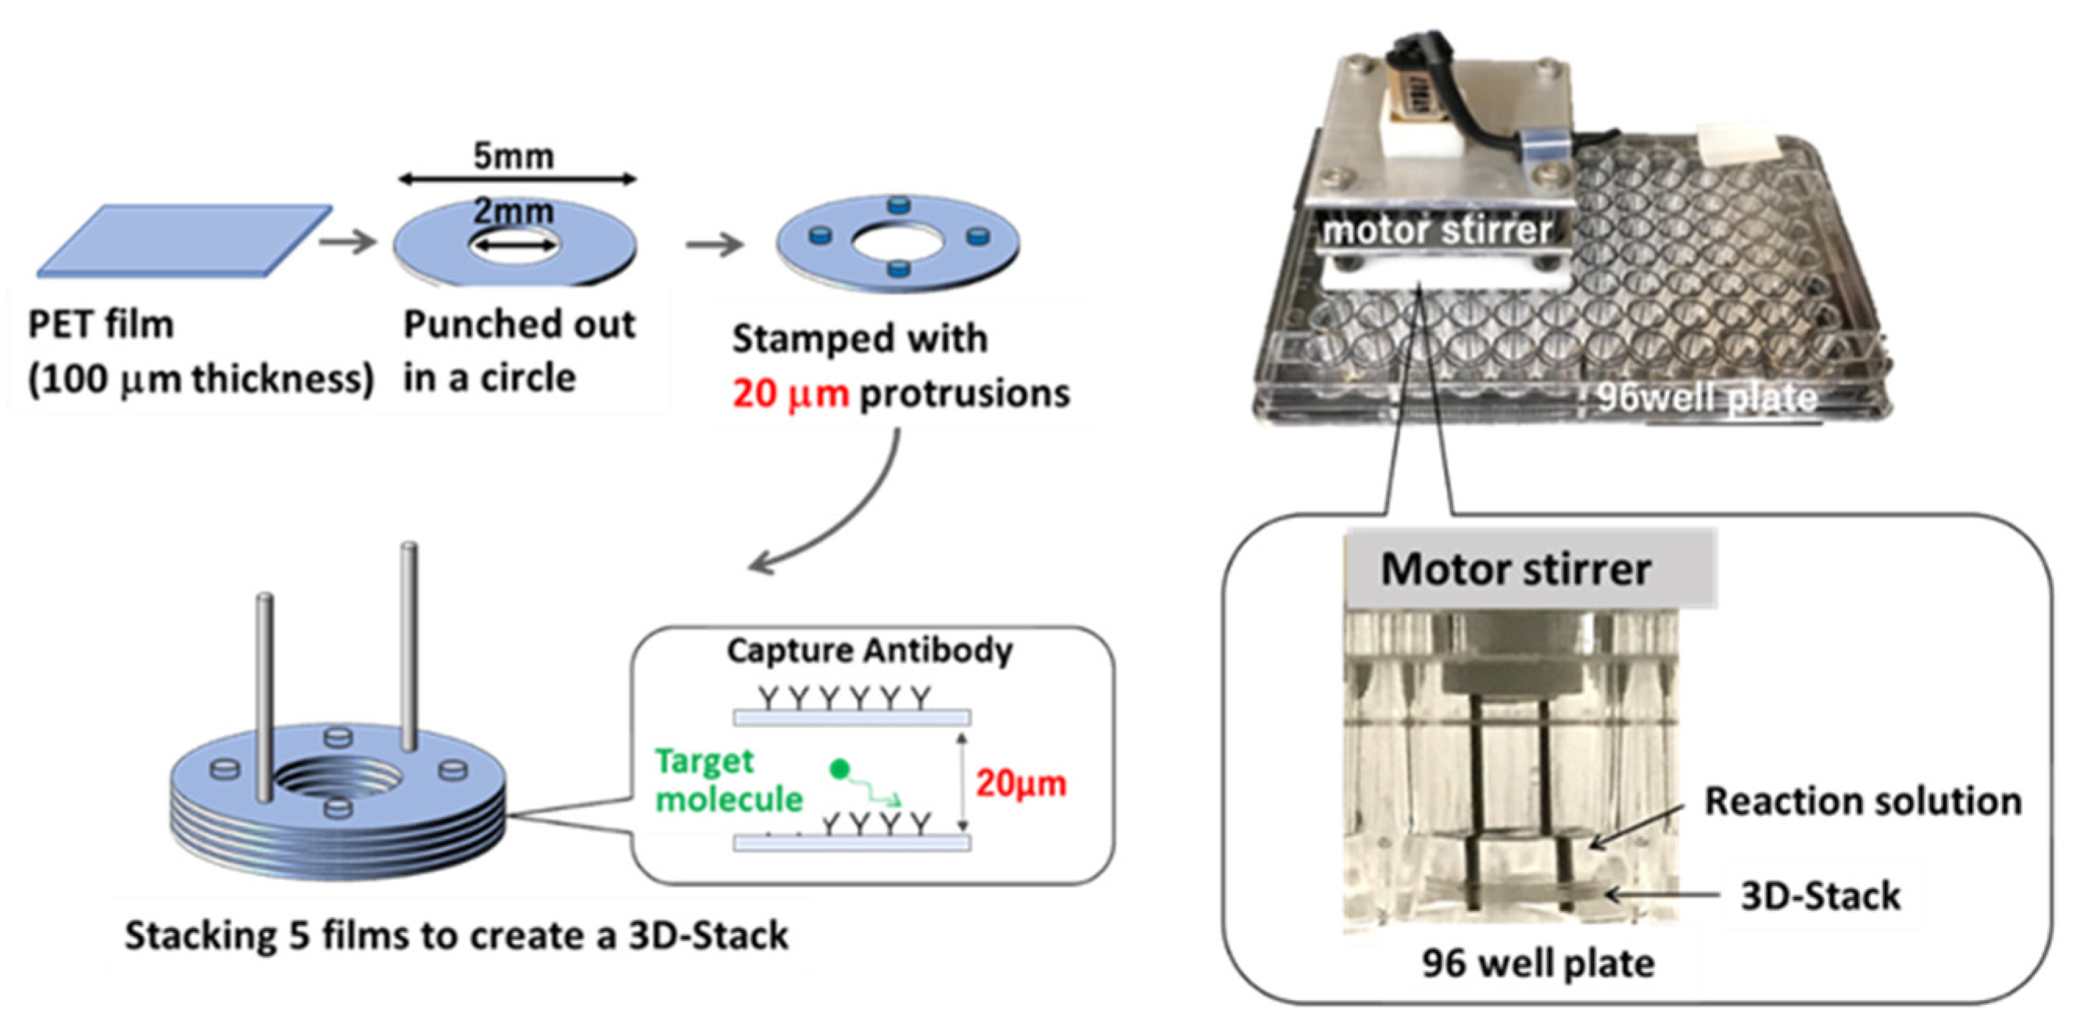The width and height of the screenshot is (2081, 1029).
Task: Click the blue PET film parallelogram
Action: pos(184,240)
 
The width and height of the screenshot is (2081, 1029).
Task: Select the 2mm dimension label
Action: pos(514,212)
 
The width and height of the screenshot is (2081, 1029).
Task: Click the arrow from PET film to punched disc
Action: pos(348,241)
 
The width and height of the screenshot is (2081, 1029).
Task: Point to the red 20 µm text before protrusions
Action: pos(790,394)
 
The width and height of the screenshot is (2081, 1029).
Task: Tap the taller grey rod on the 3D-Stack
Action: pos(410,646)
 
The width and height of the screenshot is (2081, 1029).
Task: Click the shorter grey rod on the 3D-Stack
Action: pos(265,695)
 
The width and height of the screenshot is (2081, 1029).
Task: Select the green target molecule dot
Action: pos(840,768)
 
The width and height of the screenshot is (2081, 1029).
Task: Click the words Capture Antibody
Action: pos(869,650)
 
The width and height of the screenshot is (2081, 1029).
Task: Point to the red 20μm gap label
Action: pos(1021,784)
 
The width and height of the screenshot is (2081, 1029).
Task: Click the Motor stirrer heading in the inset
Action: pos(1516,570)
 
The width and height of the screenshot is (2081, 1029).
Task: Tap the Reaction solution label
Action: pos(1863,801)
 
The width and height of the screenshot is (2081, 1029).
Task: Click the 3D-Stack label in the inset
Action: pos(1820,895)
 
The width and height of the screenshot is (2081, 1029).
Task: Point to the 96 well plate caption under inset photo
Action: pos(1538,963)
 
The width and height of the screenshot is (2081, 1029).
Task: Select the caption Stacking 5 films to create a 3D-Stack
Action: pos(457,936)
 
